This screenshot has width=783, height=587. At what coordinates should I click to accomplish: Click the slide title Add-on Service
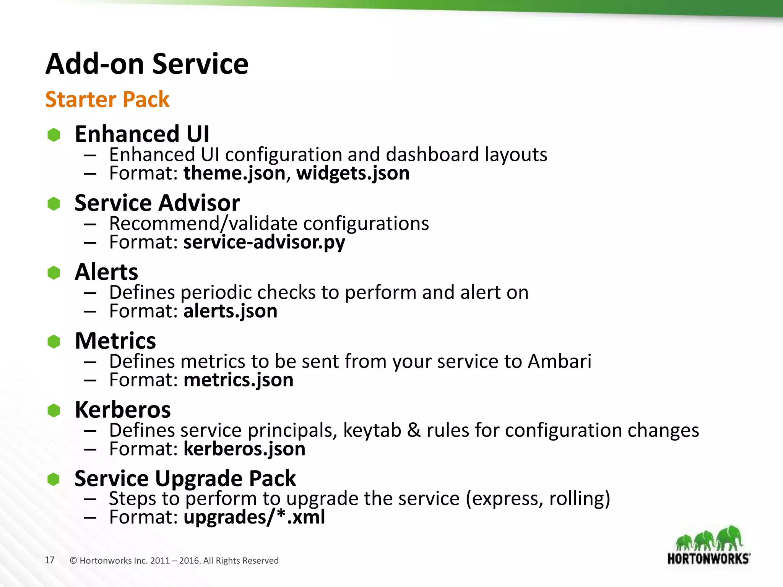(x=147, y=64)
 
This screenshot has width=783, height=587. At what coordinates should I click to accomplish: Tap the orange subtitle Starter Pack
(x=107, y=99)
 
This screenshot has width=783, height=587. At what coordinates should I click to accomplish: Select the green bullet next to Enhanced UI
(x=54, y=135)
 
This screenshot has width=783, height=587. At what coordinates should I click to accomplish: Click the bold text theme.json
(x=234, y=173)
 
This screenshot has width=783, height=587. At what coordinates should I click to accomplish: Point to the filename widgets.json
(x=353, y=173)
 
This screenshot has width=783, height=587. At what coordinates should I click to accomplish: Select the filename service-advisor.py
(x=264, y=242)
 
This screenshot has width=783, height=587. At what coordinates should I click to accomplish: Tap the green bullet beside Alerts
(x=54, y=272)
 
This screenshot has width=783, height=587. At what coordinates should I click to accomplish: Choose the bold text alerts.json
(x=230, y=311)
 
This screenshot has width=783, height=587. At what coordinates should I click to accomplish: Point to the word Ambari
(x=559, y=361)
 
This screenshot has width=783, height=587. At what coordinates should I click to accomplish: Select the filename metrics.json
(x=238, y=380)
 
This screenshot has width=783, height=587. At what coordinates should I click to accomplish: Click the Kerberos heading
(x=122, y=410)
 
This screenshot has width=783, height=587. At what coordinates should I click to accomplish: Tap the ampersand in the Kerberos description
(x=414, y=430)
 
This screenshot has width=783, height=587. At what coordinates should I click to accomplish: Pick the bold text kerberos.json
(x=244, y=449)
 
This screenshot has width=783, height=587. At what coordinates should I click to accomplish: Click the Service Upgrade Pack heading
(x=185, y=478)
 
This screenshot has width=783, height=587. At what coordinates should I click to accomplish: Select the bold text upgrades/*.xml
(x=254, y=517)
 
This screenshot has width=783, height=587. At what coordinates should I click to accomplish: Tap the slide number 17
(x=50, y=560)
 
